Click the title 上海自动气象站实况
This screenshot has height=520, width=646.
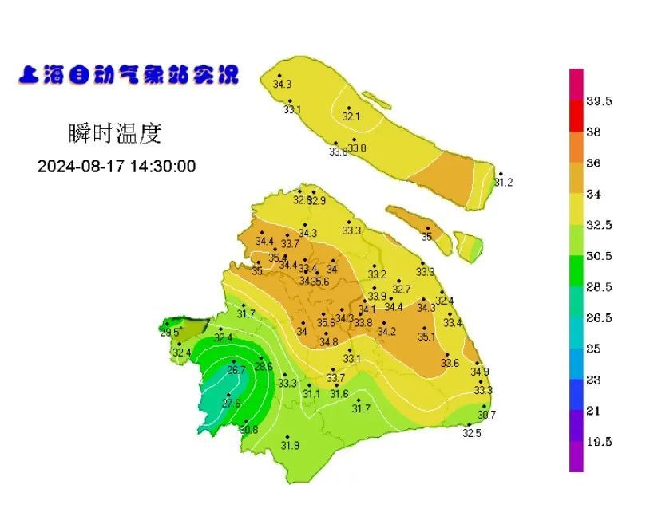(x=128, y=77)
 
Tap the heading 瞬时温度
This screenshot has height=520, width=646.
(x=116, y=133)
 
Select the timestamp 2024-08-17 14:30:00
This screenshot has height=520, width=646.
(x=117, y=166)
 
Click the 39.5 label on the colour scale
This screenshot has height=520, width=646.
(x=599, y=101)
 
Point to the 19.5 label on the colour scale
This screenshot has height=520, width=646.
(x=599, y=442)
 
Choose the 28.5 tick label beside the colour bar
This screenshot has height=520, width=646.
(x=599, y=287)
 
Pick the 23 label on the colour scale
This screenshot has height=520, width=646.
(x=593, y=380)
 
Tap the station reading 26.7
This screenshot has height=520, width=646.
(x=237, y=370)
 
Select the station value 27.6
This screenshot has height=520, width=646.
(x=231, y=404)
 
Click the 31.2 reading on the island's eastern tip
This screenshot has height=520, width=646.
(x=503, y=183)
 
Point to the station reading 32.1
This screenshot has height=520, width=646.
(x=351, y=116)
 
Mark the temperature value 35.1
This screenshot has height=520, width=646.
(x=426, y=337)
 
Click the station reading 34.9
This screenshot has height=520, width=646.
(x=479, y=372)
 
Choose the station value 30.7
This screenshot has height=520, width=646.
(x=486, y=415)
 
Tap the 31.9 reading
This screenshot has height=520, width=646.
(x=290, y=446)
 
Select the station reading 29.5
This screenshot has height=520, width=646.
(x=169, y=333)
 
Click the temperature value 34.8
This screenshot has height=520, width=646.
(x=328, y=342)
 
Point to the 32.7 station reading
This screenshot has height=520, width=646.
(x=402, y=290)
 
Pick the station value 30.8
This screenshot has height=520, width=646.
(x=248, y=430)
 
